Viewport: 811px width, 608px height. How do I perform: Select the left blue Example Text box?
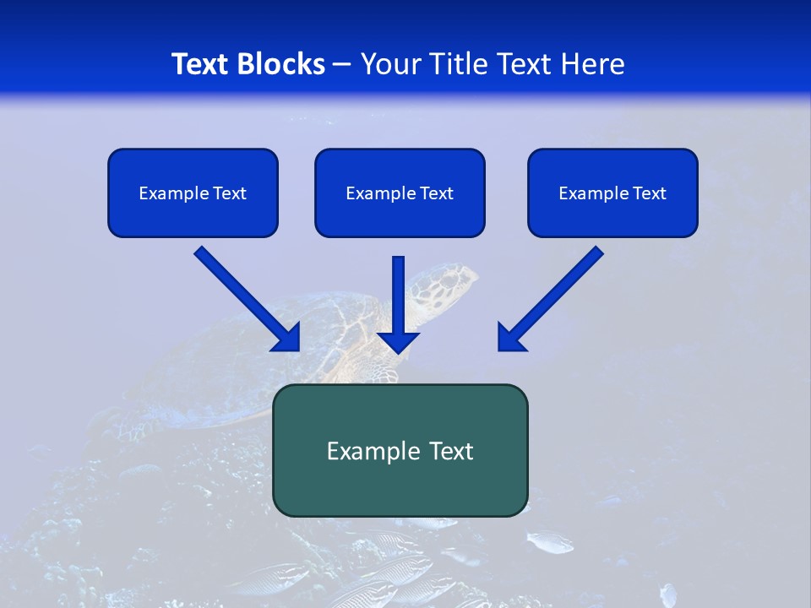point(193,193)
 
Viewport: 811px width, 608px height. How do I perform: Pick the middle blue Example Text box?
point(400,193)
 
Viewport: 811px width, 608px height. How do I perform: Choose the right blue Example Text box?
point(612,193)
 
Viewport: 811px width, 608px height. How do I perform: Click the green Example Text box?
point(400,450)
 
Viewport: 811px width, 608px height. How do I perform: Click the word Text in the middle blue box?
point(436,193)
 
